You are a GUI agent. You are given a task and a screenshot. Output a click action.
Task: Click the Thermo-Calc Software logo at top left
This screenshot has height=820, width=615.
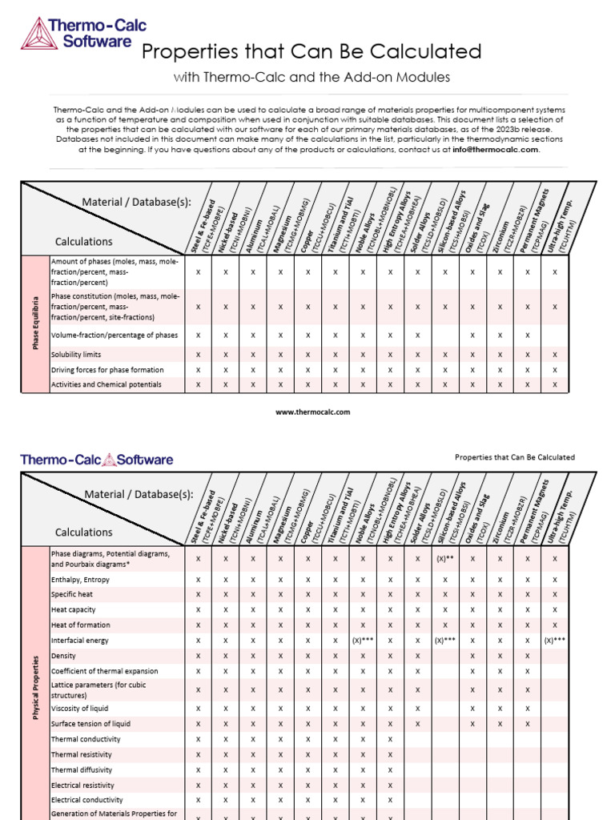(x=76, y=34)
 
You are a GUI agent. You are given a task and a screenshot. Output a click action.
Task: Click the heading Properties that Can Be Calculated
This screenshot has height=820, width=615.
(x=312, y=52)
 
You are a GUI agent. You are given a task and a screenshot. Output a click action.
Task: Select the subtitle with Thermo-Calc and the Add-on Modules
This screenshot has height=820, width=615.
(x=312, y=77)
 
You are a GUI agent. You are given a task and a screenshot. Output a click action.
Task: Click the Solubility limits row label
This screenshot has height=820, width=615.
(x=76, y=355)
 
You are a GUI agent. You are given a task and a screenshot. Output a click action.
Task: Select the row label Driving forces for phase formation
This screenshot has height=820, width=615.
(x=107, y=370)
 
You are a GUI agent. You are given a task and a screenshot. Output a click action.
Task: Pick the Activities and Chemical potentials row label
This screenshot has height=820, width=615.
(x=107, y=385)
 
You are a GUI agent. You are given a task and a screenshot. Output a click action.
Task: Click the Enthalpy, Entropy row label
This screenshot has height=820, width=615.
(x=81, y=579)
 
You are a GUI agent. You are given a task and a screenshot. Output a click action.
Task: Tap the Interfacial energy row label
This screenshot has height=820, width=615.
(x=80, y=641)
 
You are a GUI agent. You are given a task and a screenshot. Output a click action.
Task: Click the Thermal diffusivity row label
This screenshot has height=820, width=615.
(x=82, y=770)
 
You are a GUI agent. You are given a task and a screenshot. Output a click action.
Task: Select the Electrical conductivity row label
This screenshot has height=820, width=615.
(x=87, y=800)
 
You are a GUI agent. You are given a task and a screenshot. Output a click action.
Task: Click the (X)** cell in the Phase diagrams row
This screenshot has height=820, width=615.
(x=445, y=558)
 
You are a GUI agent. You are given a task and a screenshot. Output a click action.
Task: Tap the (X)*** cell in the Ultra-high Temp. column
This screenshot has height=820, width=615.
(x=555, y=641)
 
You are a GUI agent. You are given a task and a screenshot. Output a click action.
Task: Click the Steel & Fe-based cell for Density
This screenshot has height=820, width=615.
(x=198, y=656)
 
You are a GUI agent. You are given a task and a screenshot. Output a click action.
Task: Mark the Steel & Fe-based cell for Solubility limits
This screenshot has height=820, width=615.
(x=198, y=355)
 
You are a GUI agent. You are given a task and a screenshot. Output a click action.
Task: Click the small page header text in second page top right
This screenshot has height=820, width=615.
(x=514, y=457)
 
